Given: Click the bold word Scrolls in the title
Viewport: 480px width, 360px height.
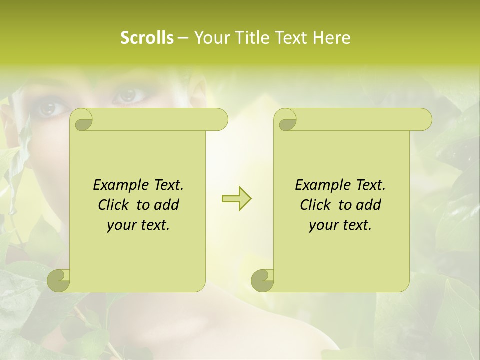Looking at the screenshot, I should (147, 38).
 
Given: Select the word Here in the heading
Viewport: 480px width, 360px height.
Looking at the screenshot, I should (331, 38).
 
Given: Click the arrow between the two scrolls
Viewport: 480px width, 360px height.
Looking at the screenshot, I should (236, 198).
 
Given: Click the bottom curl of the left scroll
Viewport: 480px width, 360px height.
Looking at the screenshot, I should (59, 280).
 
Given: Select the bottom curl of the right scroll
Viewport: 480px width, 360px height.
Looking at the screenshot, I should (262, 280).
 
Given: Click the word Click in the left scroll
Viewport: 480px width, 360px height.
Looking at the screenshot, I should (115, 205).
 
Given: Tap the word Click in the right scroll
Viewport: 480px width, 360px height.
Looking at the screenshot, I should (317, 205).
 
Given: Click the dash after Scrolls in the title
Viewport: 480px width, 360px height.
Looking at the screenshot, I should (183, 38).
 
